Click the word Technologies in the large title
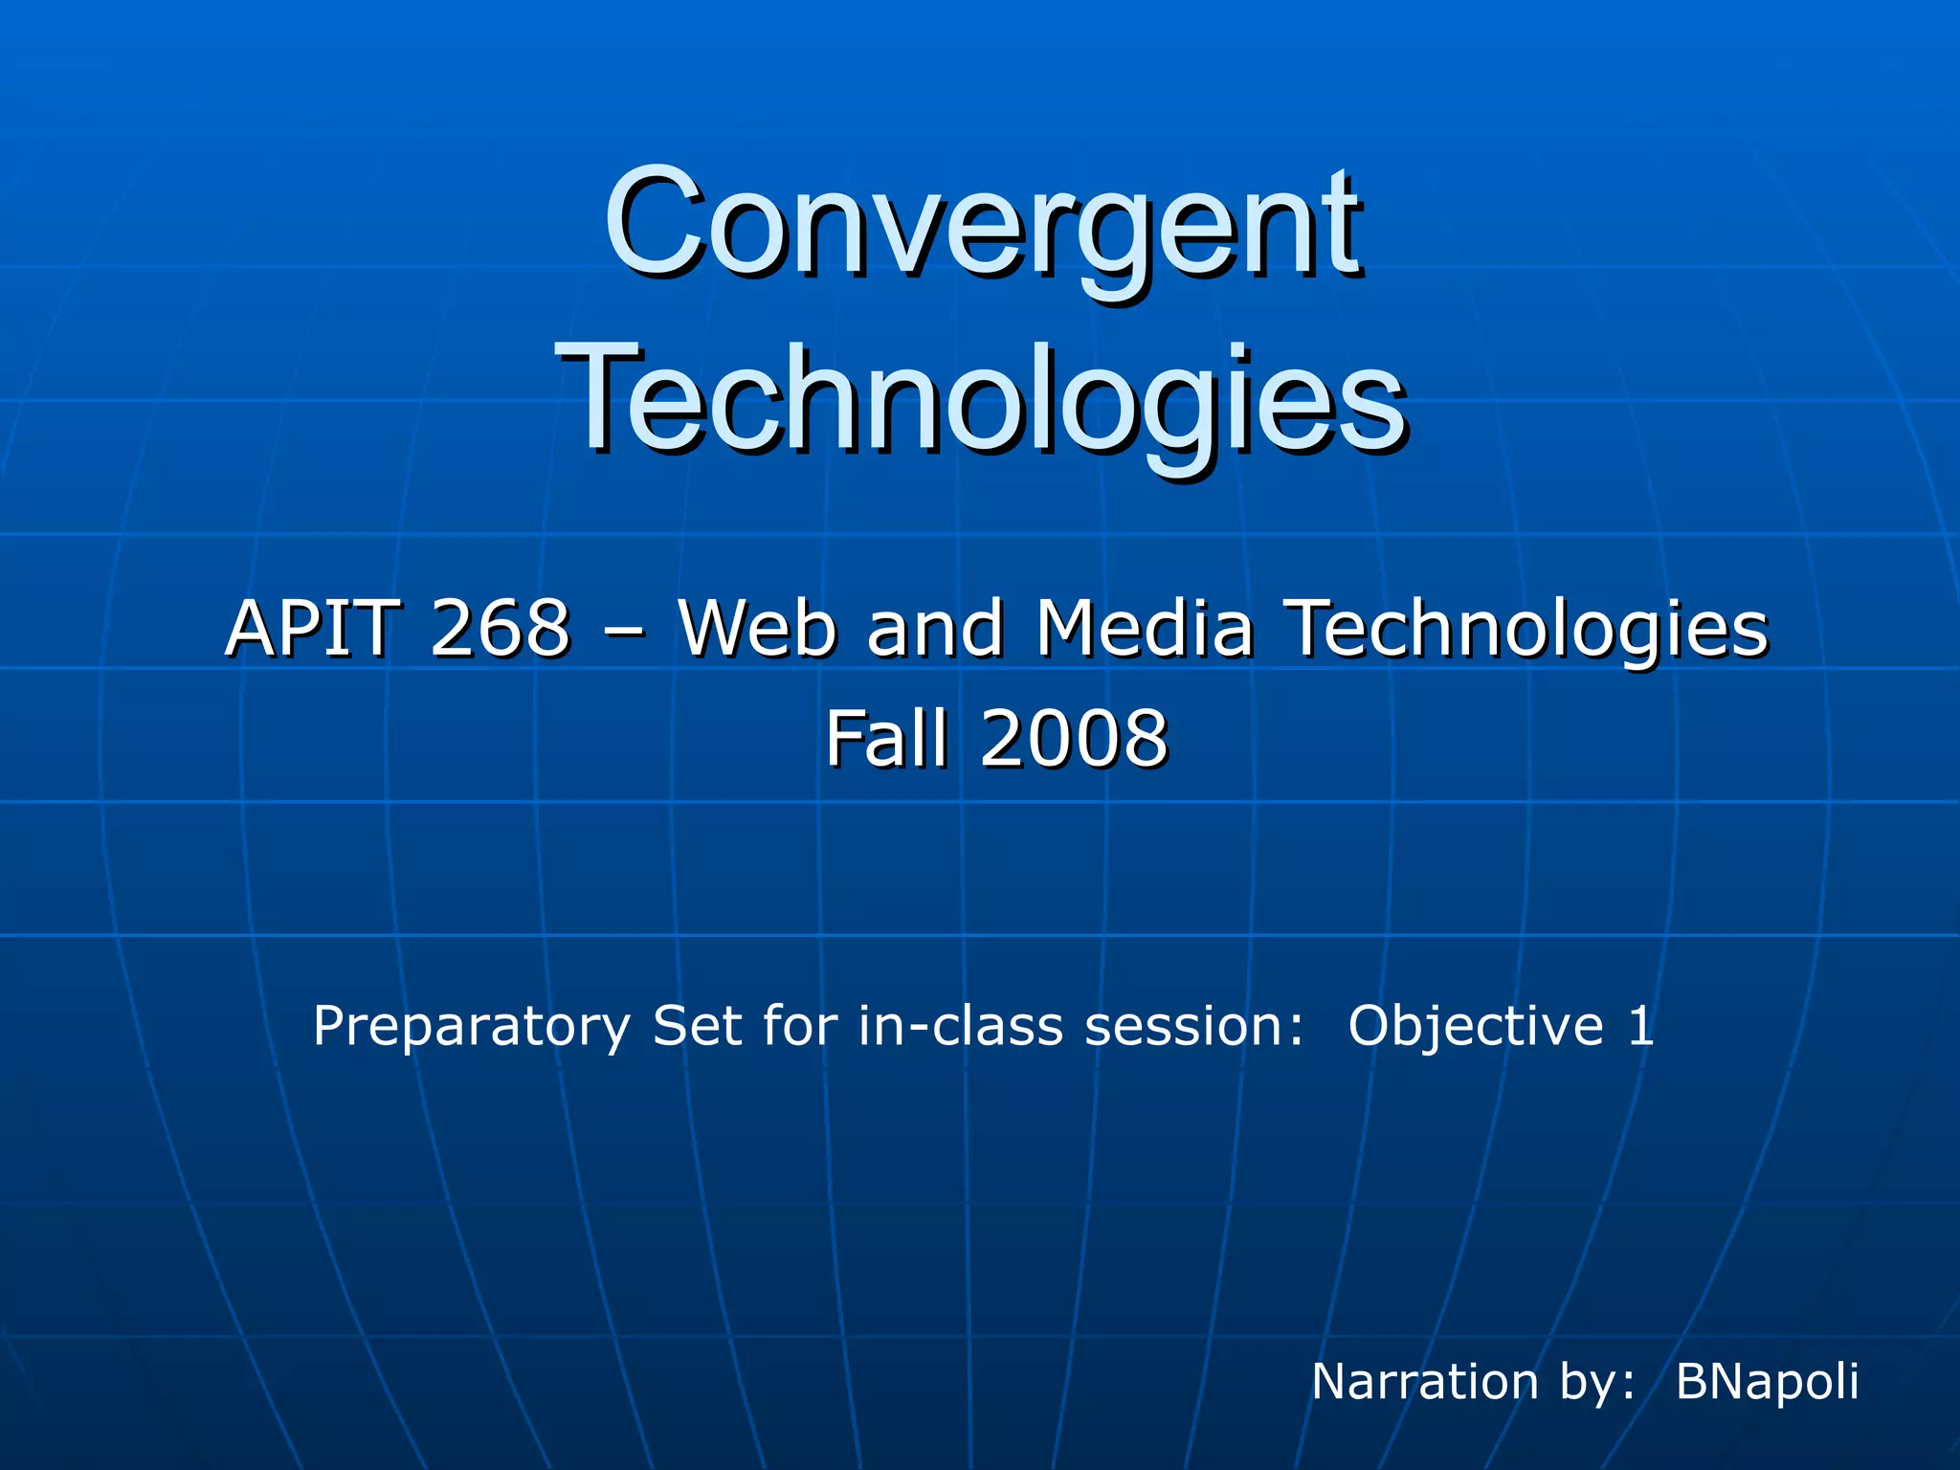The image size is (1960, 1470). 982,402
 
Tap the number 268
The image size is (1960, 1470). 500,629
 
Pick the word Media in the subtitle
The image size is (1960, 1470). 1145,629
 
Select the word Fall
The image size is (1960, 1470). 888,738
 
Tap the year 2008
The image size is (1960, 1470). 1074,738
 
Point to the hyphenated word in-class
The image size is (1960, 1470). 961,1026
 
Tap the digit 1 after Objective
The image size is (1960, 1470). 1641,1026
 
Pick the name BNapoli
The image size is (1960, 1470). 1767,1383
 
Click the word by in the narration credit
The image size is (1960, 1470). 1593,1383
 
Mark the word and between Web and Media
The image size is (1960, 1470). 935,629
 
